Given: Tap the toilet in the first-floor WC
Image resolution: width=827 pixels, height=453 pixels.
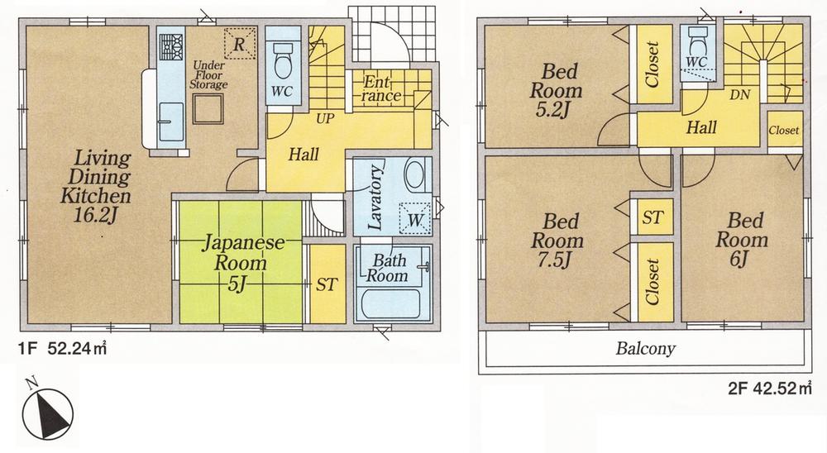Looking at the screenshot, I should click(x=279, y=60).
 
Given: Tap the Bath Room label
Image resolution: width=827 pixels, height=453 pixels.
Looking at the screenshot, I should click(x=388, y=269).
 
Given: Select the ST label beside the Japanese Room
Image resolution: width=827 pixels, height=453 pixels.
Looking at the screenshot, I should click(x=327, y=284).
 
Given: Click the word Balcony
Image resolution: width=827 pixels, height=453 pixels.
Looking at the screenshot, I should click(x=645, y=348).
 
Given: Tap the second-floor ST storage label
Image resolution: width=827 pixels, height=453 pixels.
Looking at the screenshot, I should click(x=653, y=218).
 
